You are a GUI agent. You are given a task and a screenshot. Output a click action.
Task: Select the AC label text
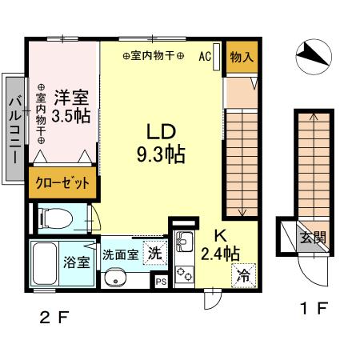tap(203, 57)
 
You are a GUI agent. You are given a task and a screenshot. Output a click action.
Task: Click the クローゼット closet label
tap(62, 182)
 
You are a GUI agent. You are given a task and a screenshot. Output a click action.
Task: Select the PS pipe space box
tap(161, 281)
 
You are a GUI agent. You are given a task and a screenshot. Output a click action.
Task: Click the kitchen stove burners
tap(183, 273)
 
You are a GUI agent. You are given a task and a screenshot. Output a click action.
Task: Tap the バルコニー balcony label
tap(14, 128)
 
